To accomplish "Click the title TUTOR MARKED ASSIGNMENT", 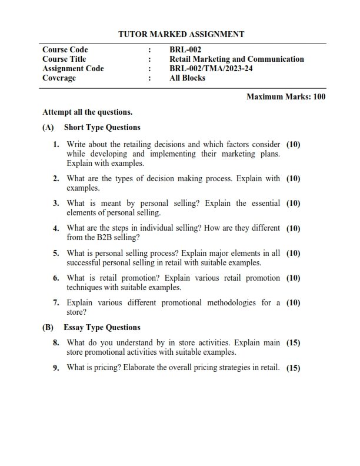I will [x=181, y=35].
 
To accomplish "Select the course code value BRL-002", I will [x=185, y=50].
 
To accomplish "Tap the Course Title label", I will [x=64, y=59].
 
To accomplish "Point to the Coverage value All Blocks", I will [x=187, y=78].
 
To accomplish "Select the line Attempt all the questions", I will [x=88, y=112].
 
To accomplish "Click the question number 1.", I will [x=56, y=144].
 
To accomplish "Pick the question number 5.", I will [x=56, y=254].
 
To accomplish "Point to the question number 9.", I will [x=56, y=368].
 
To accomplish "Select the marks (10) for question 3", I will [x=293, y=204].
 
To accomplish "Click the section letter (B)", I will [x=48, y=327].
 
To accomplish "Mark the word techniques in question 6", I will [x=86, y=288].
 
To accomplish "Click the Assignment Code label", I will [x=73, y=69].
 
